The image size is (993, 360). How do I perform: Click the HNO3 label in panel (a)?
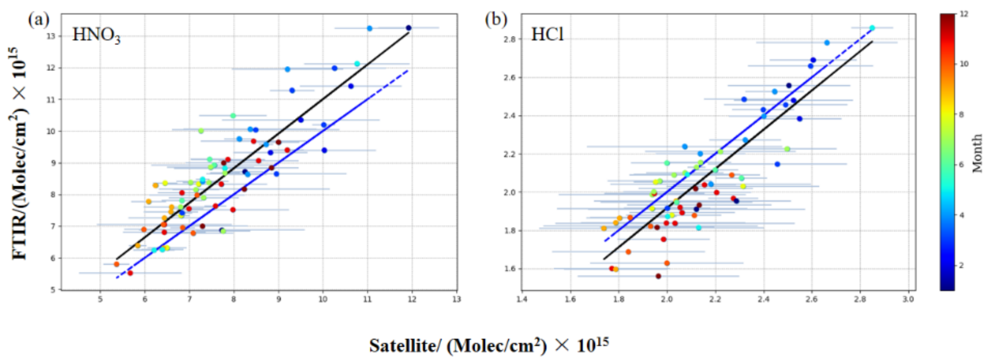(x=96, y=36)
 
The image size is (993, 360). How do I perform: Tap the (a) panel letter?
(x=39, y=20)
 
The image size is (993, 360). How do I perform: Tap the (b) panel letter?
(x=496, y=20)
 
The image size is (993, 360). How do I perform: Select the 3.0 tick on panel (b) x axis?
(x=908, y=299)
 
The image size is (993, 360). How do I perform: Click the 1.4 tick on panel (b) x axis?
(x=522, y=299)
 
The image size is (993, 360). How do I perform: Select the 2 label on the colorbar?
(x=961, y=265)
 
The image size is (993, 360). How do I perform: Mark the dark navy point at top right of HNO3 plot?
(x=409, y=28)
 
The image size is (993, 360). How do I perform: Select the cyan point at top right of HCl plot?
(x=872, y=28)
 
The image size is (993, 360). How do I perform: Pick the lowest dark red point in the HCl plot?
(x=658, y=276)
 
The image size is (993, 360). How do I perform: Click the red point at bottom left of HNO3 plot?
(x=130, y=273)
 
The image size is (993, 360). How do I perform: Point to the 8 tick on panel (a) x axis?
(x=234, y=299)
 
